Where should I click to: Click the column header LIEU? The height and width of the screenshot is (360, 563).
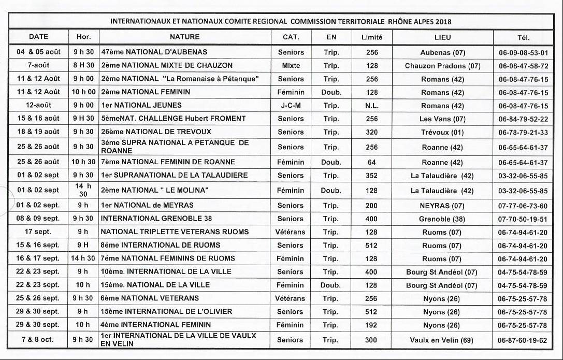click(x=442, y=37)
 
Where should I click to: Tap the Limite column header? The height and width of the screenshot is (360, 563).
click(x=371, y=37)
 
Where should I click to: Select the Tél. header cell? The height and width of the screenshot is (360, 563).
click(x=523, y=37)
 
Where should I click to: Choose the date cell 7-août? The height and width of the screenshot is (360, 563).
click(x=38, y=66)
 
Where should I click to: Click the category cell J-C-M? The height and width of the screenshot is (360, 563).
click(x=291, y=106)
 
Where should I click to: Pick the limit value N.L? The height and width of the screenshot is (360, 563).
click(x=371, y=106)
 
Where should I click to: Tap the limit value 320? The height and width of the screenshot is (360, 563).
click(x=371, y=132)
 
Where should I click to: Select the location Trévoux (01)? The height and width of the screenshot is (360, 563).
click(x=442, y=132)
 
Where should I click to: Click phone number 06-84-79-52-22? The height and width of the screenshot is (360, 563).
click(x=523, y=119)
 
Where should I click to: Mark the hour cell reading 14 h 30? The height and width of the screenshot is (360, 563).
click(x=83, y=190)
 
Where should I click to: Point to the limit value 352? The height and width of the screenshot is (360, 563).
click(x=371, y=176)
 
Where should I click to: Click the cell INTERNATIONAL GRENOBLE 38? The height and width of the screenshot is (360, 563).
click(x=156, y=219)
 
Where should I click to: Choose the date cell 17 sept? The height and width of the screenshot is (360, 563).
click(x=38, y=232)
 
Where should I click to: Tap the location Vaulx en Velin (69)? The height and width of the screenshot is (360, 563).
click(x=442, y=340)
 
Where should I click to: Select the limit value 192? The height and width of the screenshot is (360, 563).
click(x=371, y=325)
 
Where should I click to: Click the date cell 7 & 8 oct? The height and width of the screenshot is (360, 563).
click(x=38, y=340)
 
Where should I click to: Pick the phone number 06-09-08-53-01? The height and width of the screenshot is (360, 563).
click(x=523, y=53)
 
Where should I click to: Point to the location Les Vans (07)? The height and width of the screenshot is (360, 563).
click(x=442, y=119)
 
